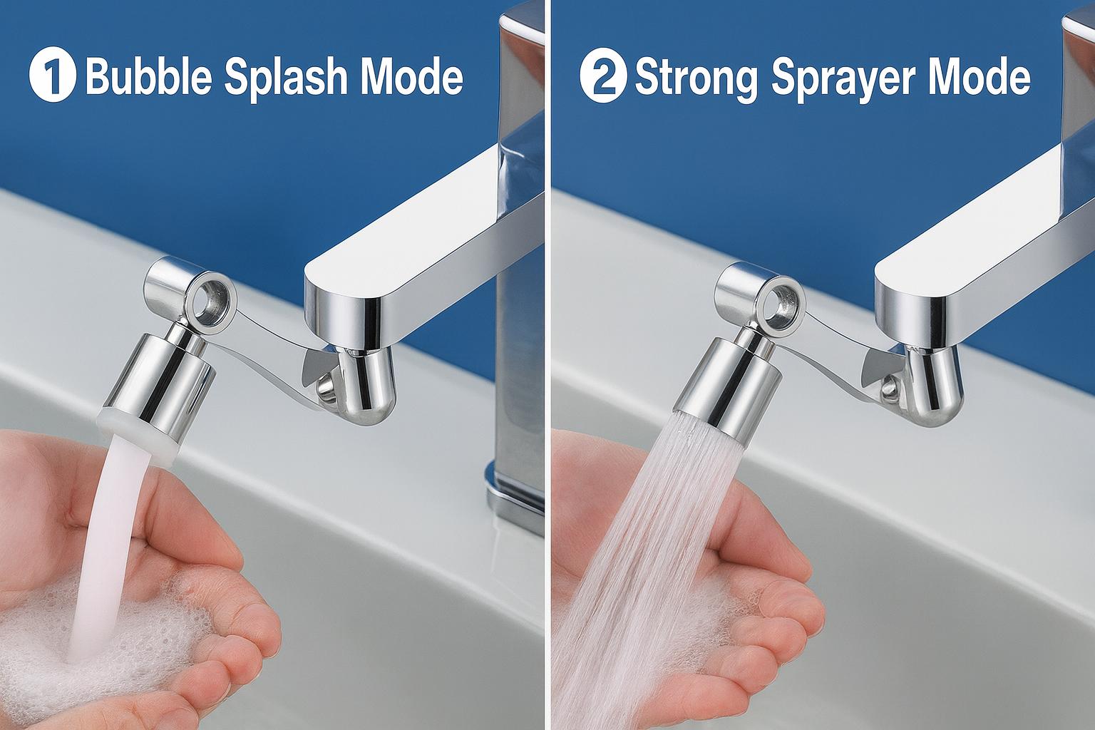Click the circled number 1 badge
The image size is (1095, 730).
(x=53, y=74)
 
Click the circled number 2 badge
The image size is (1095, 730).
(x=603, y=75)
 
